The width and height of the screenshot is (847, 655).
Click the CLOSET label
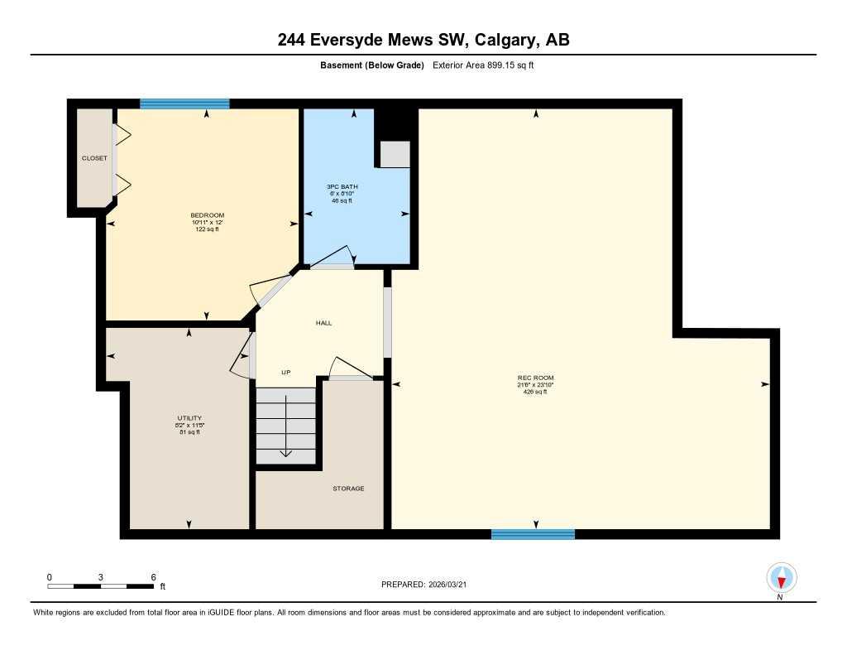tap(94, 158)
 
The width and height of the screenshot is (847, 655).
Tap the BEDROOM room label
tap(206, 215)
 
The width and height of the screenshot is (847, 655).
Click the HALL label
tap(323, 323)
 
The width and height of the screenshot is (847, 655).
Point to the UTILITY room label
tap(189, 418)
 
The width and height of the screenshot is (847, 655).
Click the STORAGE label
tap(348, 489)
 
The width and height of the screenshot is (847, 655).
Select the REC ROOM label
tap(535, 378)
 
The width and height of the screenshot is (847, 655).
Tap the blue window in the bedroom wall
tap(184, 104)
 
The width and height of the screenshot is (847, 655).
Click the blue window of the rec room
tap(533, 534)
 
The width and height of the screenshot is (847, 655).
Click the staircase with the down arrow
tap(285, 426)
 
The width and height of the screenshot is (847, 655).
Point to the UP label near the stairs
tap(285, 373)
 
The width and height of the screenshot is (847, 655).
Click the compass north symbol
tap(781, 577)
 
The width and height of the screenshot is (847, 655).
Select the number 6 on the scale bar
tap(153, 576)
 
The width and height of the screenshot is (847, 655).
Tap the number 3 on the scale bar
tap(101, 576)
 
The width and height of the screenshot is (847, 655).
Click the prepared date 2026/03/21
tap(453, 584)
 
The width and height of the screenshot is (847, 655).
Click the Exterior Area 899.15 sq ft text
tap(484, 65)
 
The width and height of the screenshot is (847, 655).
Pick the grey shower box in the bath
tap(395, 154)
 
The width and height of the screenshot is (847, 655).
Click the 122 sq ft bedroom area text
tap(206, 229)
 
